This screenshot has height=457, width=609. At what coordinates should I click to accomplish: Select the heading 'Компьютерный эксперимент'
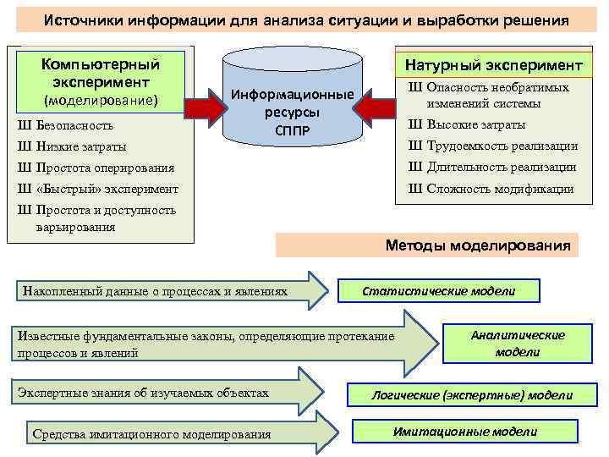101,73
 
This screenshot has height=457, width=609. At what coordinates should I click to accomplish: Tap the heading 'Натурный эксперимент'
493,65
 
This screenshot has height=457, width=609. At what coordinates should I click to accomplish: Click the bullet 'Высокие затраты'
475,124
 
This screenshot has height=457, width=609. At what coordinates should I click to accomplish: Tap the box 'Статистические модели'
438,291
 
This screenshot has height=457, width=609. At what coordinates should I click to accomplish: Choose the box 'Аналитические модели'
518,343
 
